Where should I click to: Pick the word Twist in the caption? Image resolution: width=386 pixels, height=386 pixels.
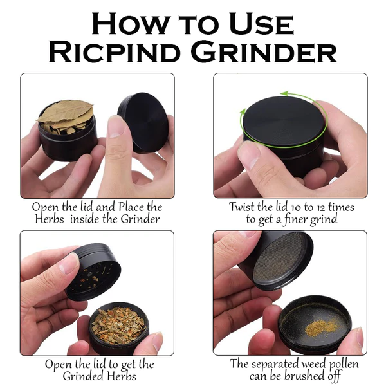coord(243,208)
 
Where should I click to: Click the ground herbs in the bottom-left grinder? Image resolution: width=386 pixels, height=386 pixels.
coord(116,324)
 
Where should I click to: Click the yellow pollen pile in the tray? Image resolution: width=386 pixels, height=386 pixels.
coord(319,327)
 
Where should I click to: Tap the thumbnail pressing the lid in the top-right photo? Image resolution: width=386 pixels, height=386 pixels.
coord(248,154)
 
